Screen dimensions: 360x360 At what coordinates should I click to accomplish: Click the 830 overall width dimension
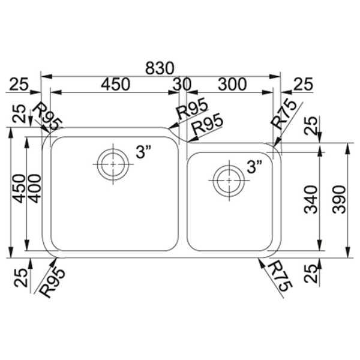160,68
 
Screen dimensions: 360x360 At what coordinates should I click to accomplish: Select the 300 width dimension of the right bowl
232,84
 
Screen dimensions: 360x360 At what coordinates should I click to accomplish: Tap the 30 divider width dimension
182,84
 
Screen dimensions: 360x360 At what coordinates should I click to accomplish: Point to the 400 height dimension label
35,188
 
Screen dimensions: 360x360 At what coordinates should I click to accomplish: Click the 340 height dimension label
311,200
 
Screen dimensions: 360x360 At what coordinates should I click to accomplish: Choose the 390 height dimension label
339,200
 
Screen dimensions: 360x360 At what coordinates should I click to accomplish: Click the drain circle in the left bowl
113,164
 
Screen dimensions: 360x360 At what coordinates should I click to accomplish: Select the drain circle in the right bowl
229,181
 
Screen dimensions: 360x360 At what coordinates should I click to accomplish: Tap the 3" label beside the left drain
143,152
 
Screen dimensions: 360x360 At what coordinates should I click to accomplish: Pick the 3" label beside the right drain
254,167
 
